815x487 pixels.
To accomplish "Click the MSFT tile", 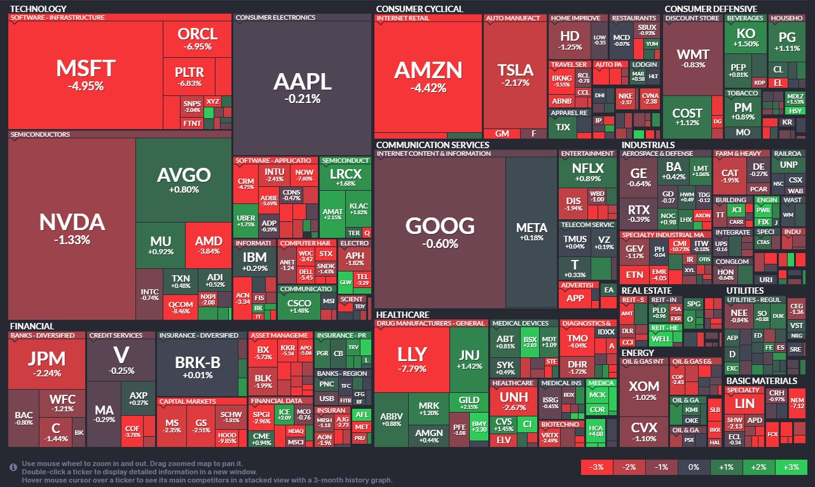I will tap(86, 74).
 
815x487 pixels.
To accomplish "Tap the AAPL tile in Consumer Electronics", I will tap(302, 86).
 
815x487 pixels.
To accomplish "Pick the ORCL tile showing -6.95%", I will tap(197, 39).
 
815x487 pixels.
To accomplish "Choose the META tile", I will tap(531, 232).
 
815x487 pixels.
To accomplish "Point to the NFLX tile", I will tap(587, 172).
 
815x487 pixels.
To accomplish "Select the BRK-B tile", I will tap(197, 366).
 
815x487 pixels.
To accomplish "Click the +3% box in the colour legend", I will tap(791, 467).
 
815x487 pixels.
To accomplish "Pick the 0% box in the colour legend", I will tap(694, 467).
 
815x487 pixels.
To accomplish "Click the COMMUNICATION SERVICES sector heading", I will tap(432, 145).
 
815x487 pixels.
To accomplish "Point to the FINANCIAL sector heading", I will tap(32, 326).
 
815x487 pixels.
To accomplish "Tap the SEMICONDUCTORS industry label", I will tap(40, 135).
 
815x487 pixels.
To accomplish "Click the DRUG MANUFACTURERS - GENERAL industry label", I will tap(431, 324).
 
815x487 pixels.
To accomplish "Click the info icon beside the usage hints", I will tap(13, 467).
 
